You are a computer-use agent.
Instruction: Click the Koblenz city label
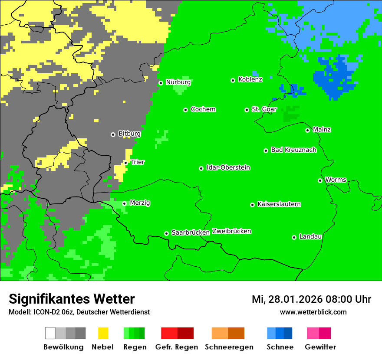(x=250, y=80)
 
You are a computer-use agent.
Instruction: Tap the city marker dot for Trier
(x=126, y=163)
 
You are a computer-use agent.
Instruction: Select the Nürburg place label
(x=178, y=82)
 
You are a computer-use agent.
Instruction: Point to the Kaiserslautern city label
(x=279, y=204)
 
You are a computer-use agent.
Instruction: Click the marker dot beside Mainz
(x=307, y=130)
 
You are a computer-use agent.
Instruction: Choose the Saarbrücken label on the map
(x=191, y=233)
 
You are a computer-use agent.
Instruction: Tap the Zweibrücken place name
(x=231, y=232)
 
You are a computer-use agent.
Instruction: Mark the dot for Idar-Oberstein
(x=201, y=168)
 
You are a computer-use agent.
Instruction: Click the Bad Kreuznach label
(x=293, y=150)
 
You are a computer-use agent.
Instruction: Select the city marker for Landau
(x=294, y=237)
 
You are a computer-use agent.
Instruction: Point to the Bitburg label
(x=129, y=134)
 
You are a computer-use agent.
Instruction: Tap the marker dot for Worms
(x=320, y=180)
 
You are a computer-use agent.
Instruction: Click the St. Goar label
(x=264, y=110)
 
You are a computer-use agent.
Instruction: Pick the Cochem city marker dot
(x=185, y=110)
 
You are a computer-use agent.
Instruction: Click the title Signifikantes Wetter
(x=72, y=299)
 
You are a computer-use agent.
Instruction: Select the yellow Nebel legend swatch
(x=103, y=333)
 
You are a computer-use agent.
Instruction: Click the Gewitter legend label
(x=320, y=347)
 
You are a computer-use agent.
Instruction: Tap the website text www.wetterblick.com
(x=313, y=312)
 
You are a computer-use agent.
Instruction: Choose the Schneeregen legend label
(x=229, y=347)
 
